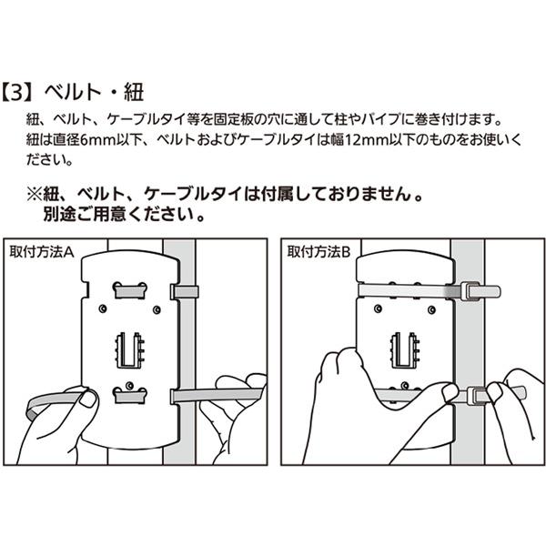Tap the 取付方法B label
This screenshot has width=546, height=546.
click(318, 250)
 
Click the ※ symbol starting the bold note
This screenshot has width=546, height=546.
click(35, 196)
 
